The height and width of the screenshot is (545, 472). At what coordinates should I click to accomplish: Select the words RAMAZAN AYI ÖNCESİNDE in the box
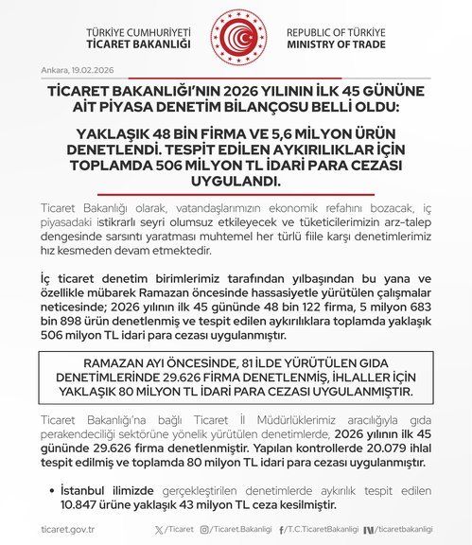[153, 363]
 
